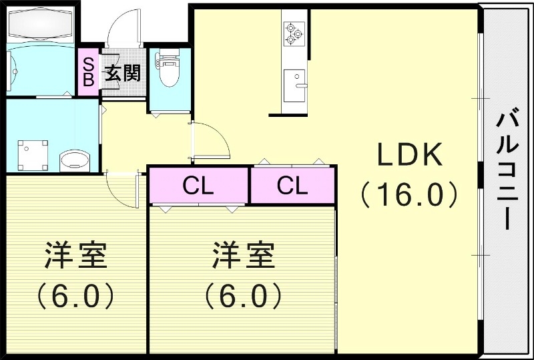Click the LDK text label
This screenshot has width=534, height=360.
[x=410, y=156]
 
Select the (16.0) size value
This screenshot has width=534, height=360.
[x=409, y=194]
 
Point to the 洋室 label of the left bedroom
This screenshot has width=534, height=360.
[x=75, y=256]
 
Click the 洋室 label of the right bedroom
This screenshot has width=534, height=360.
[x=244, y=256]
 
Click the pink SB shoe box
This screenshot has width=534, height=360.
[x=88, y=69]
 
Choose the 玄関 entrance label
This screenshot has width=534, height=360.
[x=121, y=72]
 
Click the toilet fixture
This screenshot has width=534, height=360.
[x=169, y=70]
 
